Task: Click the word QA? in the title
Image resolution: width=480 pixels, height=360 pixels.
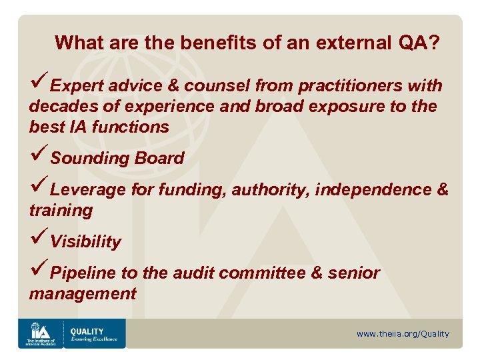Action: (x=419, y=44)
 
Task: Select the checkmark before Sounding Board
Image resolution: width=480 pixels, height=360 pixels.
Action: (x=39, y=157)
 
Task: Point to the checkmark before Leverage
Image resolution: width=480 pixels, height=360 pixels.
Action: (x=39, y=189)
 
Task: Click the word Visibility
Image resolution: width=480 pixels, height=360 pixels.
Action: (x=86, y=242)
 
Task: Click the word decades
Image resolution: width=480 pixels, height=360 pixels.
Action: (x=55, y=107)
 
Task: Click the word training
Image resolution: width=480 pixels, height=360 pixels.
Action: (x=61, y=211)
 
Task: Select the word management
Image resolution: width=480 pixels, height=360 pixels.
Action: (x=81, y=294)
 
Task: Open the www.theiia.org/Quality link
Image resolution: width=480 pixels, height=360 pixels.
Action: (x=403, y=334)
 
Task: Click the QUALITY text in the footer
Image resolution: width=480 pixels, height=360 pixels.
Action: (x=87, y=331)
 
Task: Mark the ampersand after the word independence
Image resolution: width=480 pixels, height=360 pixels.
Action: (x=442, y=190)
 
